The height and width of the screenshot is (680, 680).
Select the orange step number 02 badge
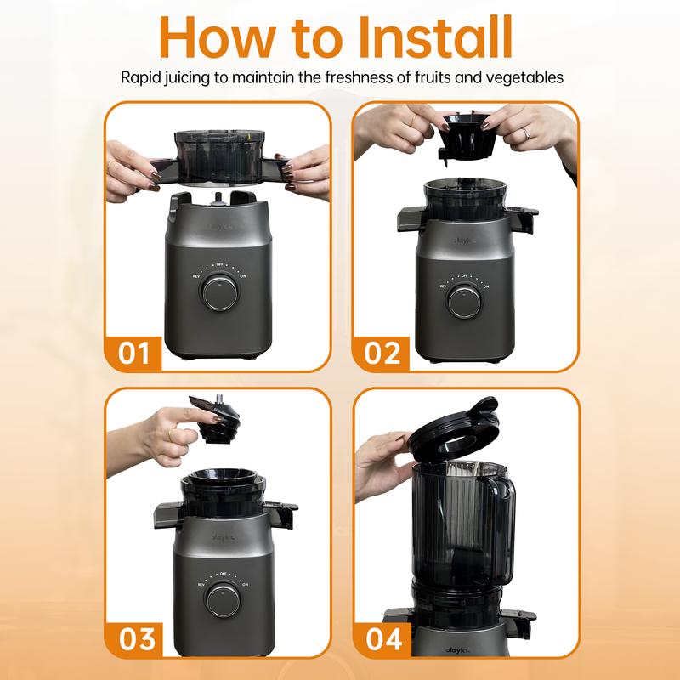382,352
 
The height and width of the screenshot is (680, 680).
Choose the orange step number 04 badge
382,637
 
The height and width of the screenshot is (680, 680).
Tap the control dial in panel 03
222,598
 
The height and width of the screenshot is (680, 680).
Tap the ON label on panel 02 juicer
485,286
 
